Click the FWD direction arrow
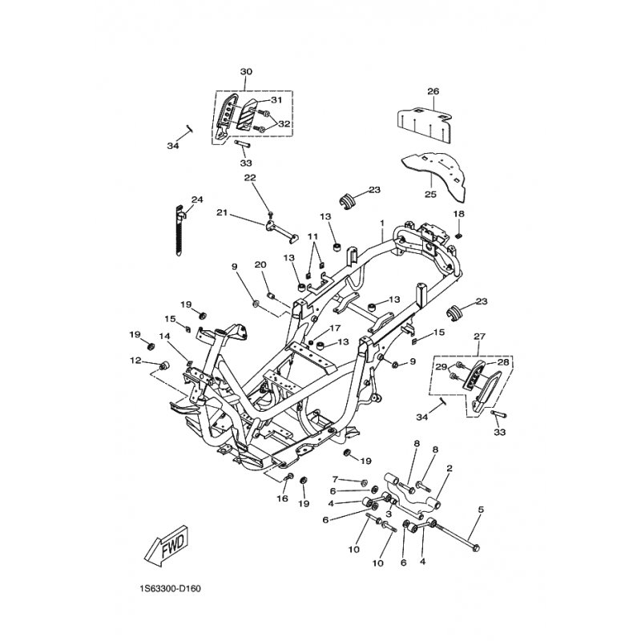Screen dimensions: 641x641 coord(167,546)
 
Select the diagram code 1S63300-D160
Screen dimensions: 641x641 coord(170,589)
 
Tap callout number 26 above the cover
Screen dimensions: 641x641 coord(433,91)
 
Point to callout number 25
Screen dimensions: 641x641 coord(430,194)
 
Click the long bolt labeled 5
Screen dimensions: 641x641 coord(458,534)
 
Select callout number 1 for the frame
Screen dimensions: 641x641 coord(382,224)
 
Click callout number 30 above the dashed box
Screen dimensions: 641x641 coord(246,71)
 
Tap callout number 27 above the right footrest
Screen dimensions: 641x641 coord(479,337)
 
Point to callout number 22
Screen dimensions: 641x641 coord(250,178)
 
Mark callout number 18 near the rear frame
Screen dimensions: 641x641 coord(458,214)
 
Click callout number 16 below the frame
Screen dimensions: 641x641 coord(282,498)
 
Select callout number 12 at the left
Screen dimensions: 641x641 coord(135,361)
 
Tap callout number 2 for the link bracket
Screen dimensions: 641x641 coord(450,469)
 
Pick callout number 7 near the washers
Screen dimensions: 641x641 coord(335,478)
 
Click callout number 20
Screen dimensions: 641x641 coord(260,265)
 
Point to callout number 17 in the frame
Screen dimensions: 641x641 coord(334,328)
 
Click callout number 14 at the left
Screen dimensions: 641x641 coord(164,336)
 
